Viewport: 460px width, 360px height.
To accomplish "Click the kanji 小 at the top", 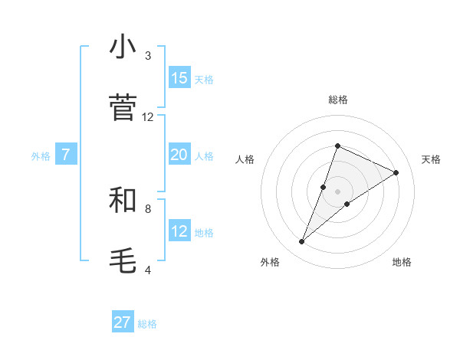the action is coord(123,47).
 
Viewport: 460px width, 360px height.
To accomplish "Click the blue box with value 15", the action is coord(179,78).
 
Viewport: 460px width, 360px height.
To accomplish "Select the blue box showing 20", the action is coord(179,155).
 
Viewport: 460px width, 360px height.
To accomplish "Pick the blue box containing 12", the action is coord(179,231).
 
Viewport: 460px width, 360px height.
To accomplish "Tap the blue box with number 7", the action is coord(66,155).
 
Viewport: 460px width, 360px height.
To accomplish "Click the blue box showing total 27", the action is coord(123,322).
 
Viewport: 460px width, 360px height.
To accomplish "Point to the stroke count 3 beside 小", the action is coord(148,56).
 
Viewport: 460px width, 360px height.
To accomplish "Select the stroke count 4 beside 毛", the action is coord(148,270).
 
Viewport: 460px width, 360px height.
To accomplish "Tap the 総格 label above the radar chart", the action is coord(337,100).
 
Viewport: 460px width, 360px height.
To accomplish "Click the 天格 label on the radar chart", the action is coord(431,159).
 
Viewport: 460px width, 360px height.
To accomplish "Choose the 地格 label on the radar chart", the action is coord(402,262).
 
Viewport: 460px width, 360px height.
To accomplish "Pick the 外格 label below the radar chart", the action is coord(270,262).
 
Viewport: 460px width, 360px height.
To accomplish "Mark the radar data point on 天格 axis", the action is coord(396,172).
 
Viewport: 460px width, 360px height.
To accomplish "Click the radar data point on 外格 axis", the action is coord(301,242).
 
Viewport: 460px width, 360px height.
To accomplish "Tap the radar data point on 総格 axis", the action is coord(337,146).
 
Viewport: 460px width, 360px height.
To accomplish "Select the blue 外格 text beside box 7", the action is coord(41,155).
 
